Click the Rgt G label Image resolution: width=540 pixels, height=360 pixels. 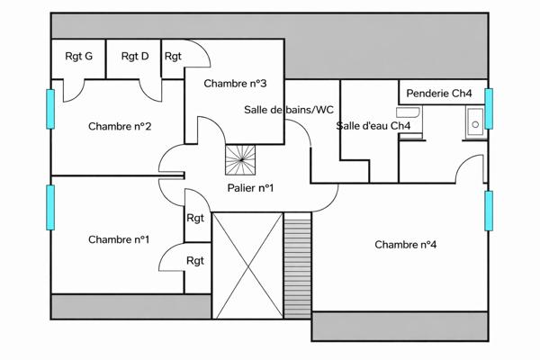pyautogui.click(x=78, y=56)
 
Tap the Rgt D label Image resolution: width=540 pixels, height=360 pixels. pyautogui.click(x=134, y=56)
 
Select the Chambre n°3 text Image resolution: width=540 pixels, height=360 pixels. pyautogui.click(x=235, y=84)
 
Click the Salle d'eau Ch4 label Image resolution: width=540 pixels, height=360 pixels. pyautogui.click(x=373, y=126)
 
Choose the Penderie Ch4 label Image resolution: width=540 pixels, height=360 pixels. pyautogui.click(x=439, y=93)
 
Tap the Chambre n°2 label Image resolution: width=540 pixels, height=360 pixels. pyautogui.click(x=119, y=126)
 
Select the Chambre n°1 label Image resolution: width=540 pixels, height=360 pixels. pyautogui.click(x=119, y=239)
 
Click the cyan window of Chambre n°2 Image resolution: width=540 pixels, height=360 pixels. pyautogui.click(x=51, y=109)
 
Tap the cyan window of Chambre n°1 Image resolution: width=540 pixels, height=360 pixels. pyautogui.click(x=51, y=207)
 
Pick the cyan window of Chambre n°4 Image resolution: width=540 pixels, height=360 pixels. pyautogui.click(x=489, y=211)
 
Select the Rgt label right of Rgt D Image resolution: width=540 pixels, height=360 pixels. pyautogui.click(x=173, y=56)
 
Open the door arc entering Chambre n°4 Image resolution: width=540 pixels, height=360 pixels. pyautogui.click(x=470, y=167)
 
